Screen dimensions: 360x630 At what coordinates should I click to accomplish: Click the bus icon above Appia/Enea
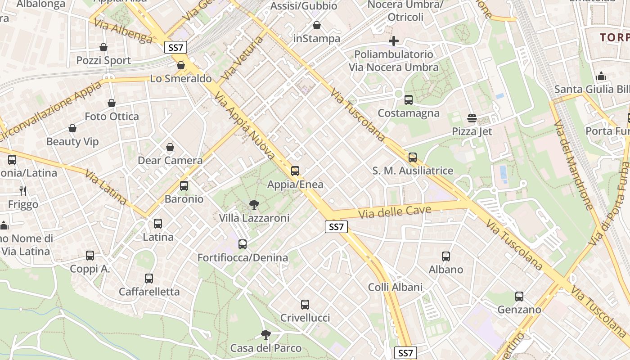coord(295,171)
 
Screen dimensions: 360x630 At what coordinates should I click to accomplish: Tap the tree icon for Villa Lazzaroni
coord(254,205)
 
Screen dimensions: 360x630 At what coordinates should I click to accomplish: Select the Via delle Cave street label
coord(396,211)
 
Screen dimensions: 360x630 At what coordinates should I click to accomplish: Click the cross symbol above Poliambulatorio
coord(394,41)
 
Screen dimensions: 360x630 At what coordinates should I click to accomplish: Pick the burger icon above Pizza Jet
coord(472,118)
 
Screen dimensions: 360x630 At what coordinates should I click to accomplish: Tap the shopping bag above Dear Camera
coord(170,147)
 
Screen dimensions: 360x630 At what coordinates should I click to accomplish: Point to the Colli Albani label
coord(395,287)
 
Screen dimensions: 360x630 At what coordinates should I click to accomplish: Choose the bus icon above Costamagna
coord(409,100)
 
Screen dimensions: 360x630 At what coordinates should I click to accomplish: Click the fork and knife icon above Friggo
coord(23,191)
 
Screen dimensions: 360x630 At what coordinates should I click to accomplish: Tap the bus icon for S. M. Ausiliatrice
coord(413,157)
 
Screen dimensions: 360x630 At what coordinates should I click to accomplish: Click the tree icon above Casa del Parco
coord(266,334)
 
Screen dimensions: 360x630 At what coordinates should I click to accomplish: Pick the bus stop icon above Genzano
coord(519,297)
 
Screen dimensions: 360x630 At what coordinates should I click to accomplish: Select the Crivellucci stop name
coord(305,318)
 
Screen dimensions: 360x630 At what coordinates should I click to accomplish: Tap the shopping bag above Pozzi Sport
coord(103,47)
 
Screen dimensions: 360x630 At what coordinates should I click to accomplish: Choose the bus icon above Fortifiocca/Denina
coord(243,244)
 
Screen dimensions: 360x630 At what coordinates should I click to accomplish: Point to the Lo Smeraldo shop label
coord(181,79)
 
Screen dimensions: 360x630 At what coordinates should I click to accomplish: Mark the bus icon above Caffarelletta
coord(149,279)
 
